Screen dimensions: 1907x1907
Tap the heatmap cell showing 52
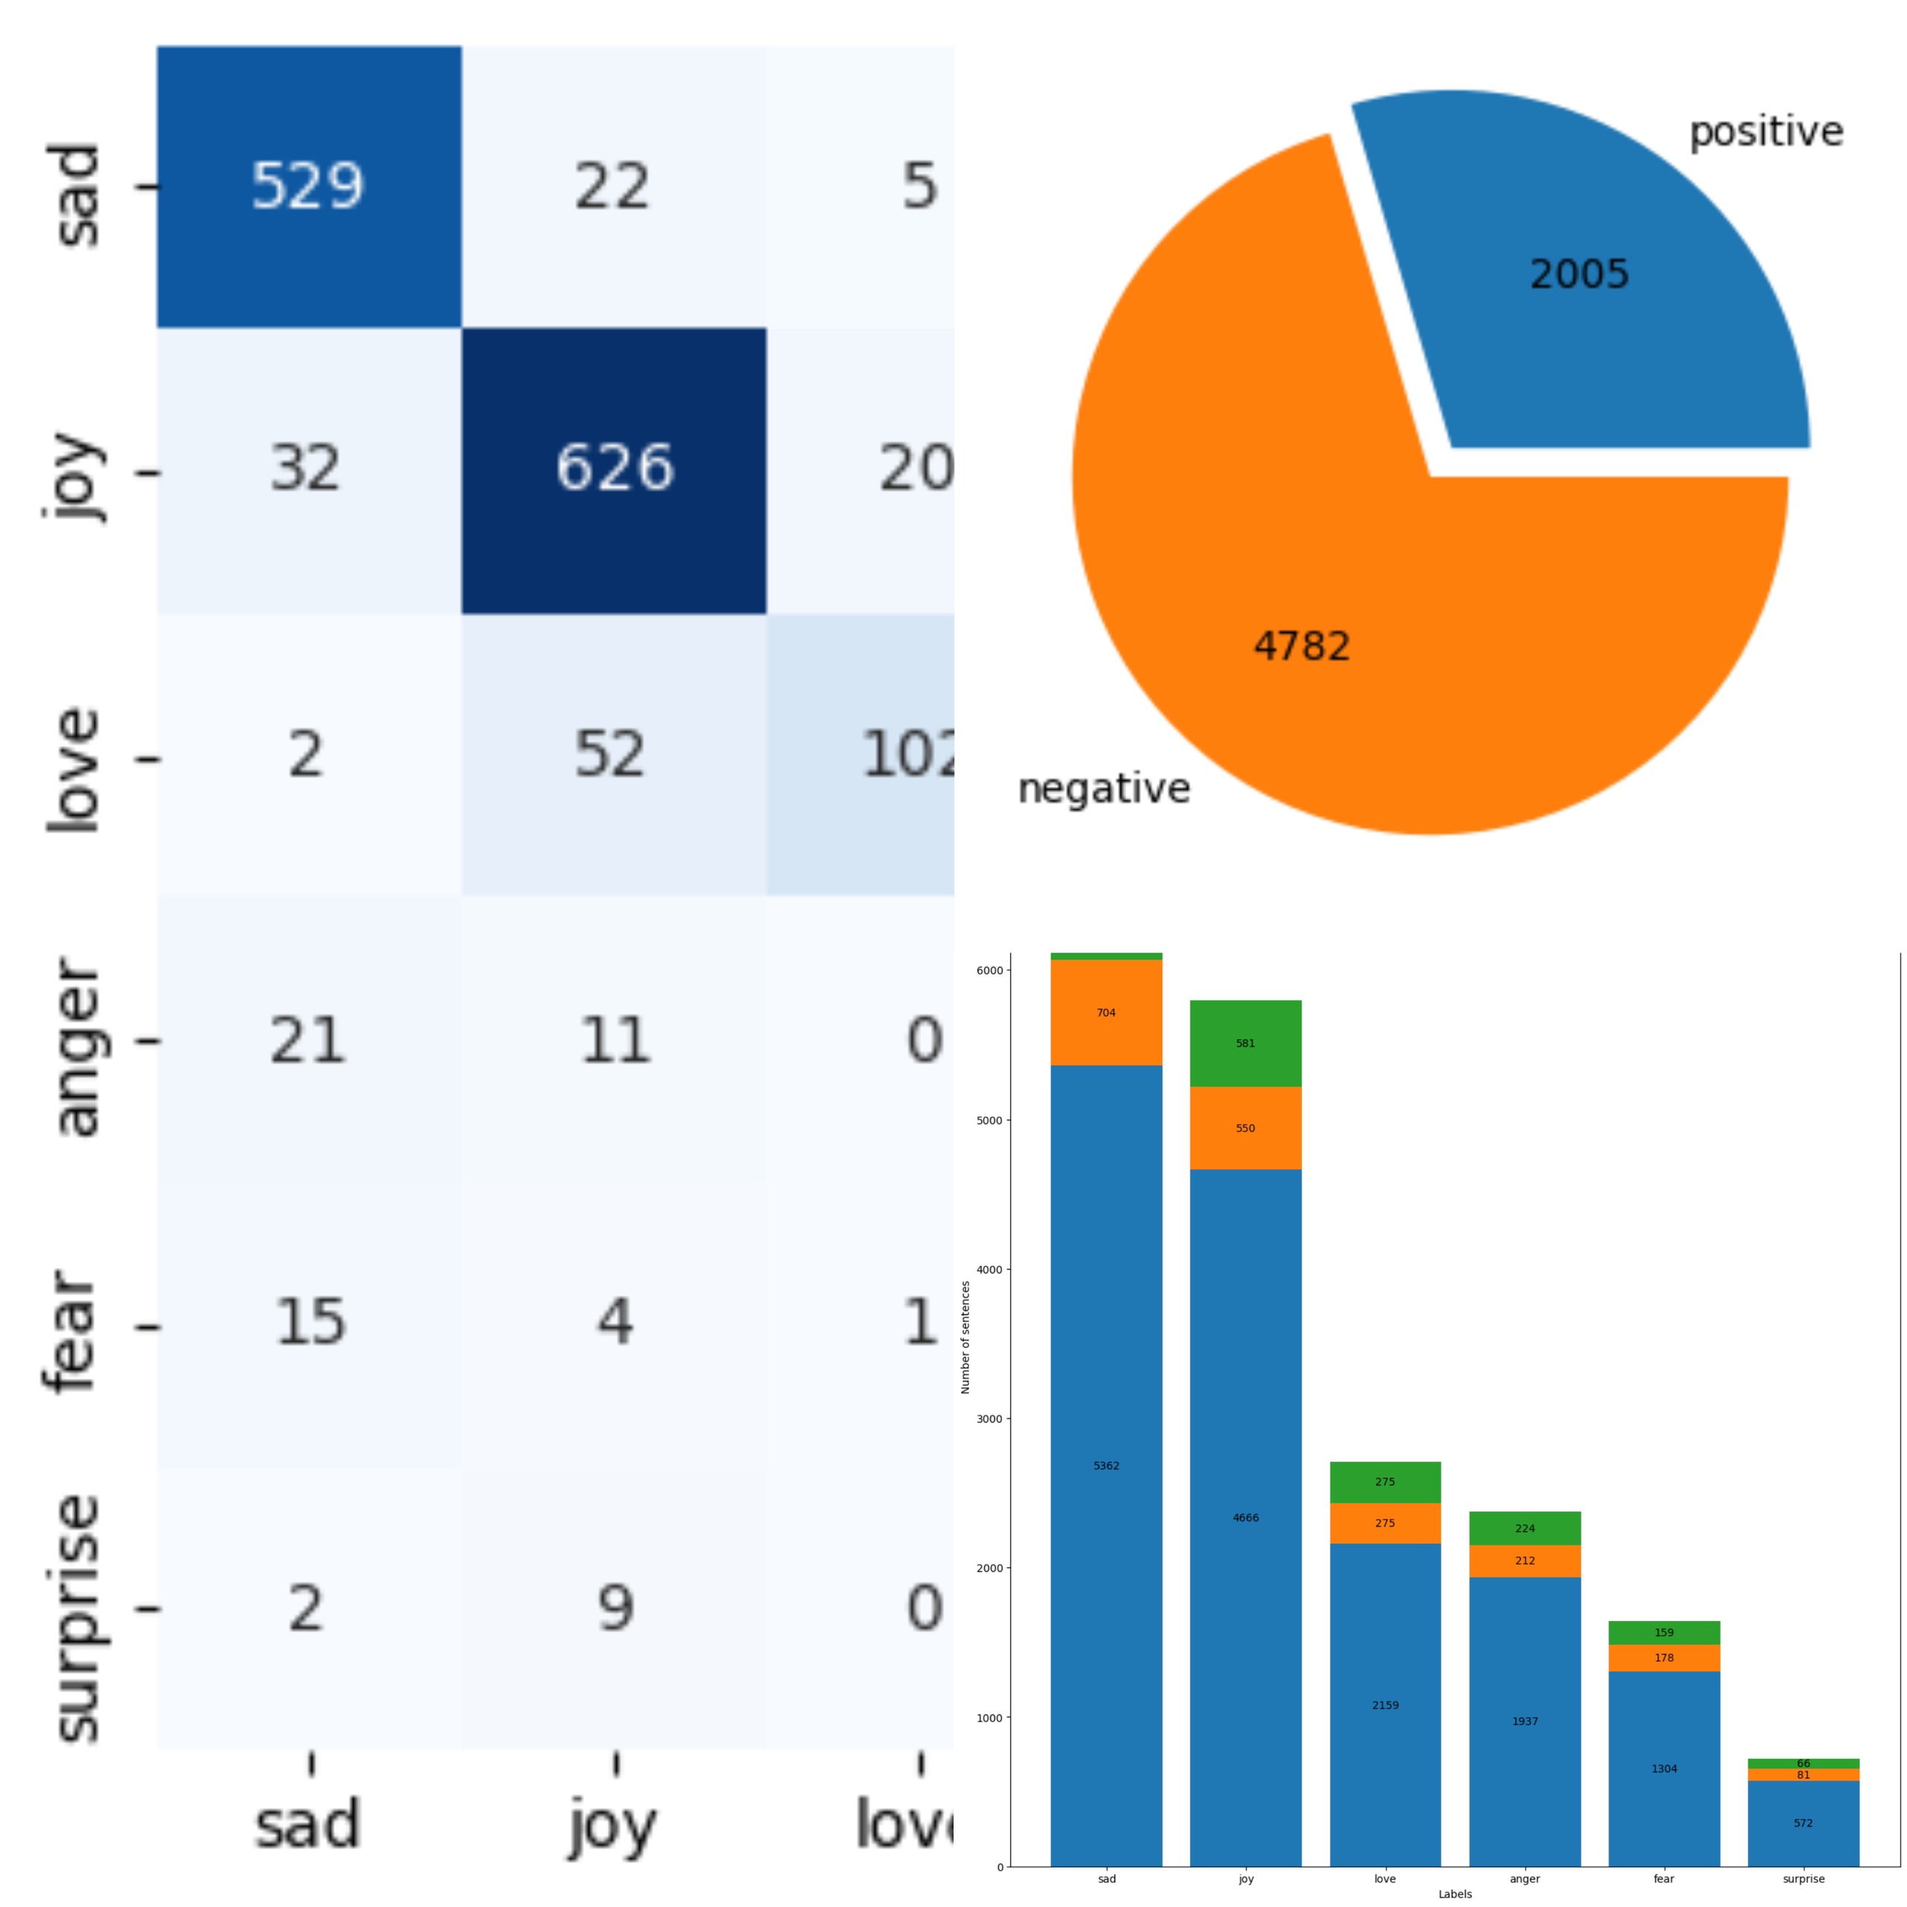[x=610, y=755]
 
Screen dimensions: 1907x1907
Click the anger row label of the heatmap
[x=77, y=1047]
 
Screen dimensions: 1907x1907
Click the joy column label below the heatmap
[x=612, y=1826]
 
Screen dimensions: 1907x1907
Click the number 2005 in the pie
[x=1579, y=274]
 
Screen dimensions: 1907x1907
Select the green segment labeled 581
[x=1246, y=1044]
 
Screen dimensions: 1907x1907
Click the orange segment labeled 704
[x=1106, y=1013]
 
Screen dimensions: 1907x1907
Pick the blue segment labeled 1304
[x=1664, y=1768]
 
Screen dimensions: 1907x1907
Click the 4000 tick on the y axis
[x=990, y=1269]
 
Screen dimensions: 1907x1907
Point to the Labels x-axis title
[x=1455, y=1894]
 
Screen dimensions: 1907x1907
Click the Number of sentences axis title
[x=966, y=1337]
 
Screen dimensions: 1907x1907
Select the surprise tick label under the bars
[x=1803, y=1879]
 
